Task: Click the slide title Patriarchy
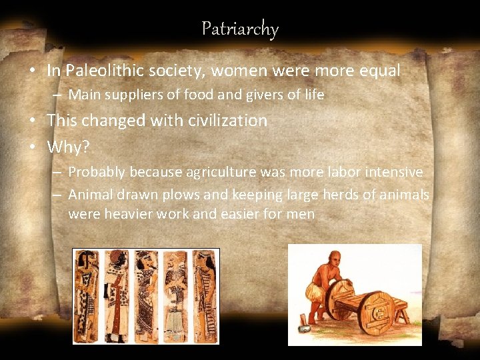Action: click(240, 29)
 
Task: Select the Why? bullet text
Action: click(68, 147)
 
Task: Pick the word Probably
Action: click(97, 172)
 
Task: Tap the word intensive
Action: click(395, 172)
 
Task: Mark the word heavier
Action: click(128, 215)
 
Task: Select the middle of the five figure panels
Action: click(145, 296)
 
